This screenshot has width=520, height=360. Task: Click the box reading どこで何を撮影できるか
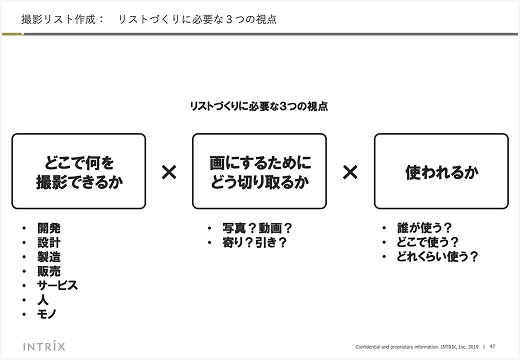click(x=80, y=171)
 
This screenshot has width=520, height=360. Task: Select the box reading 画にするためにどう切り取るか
click(x=260, y=171)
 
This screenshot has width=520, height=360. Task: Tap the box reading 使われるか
click(x=441, y=171)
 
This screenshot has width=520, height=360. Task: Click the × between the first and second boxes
click(x=169, y=172)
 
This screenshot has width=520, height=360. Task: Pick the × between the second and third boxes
click(x=350, y=172)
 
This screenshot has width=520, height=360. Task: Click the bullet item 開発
click(x=48, y=228)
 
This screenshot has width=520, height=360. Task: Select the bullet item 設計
click(x=48, y=242)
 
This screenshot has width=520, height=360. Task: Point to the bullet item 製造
click(x=48, y=256)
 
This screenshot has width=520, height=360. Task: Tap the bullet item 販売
click(x=48, y=270)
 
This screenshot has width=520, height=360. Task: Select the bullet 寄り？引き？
click(x=254, y=242)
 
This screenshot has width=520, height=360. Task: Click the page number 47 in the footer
click(x=494, y=346)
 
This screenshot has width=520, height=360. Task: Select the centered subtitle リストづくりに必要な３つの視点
click(x=260, y=105)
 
